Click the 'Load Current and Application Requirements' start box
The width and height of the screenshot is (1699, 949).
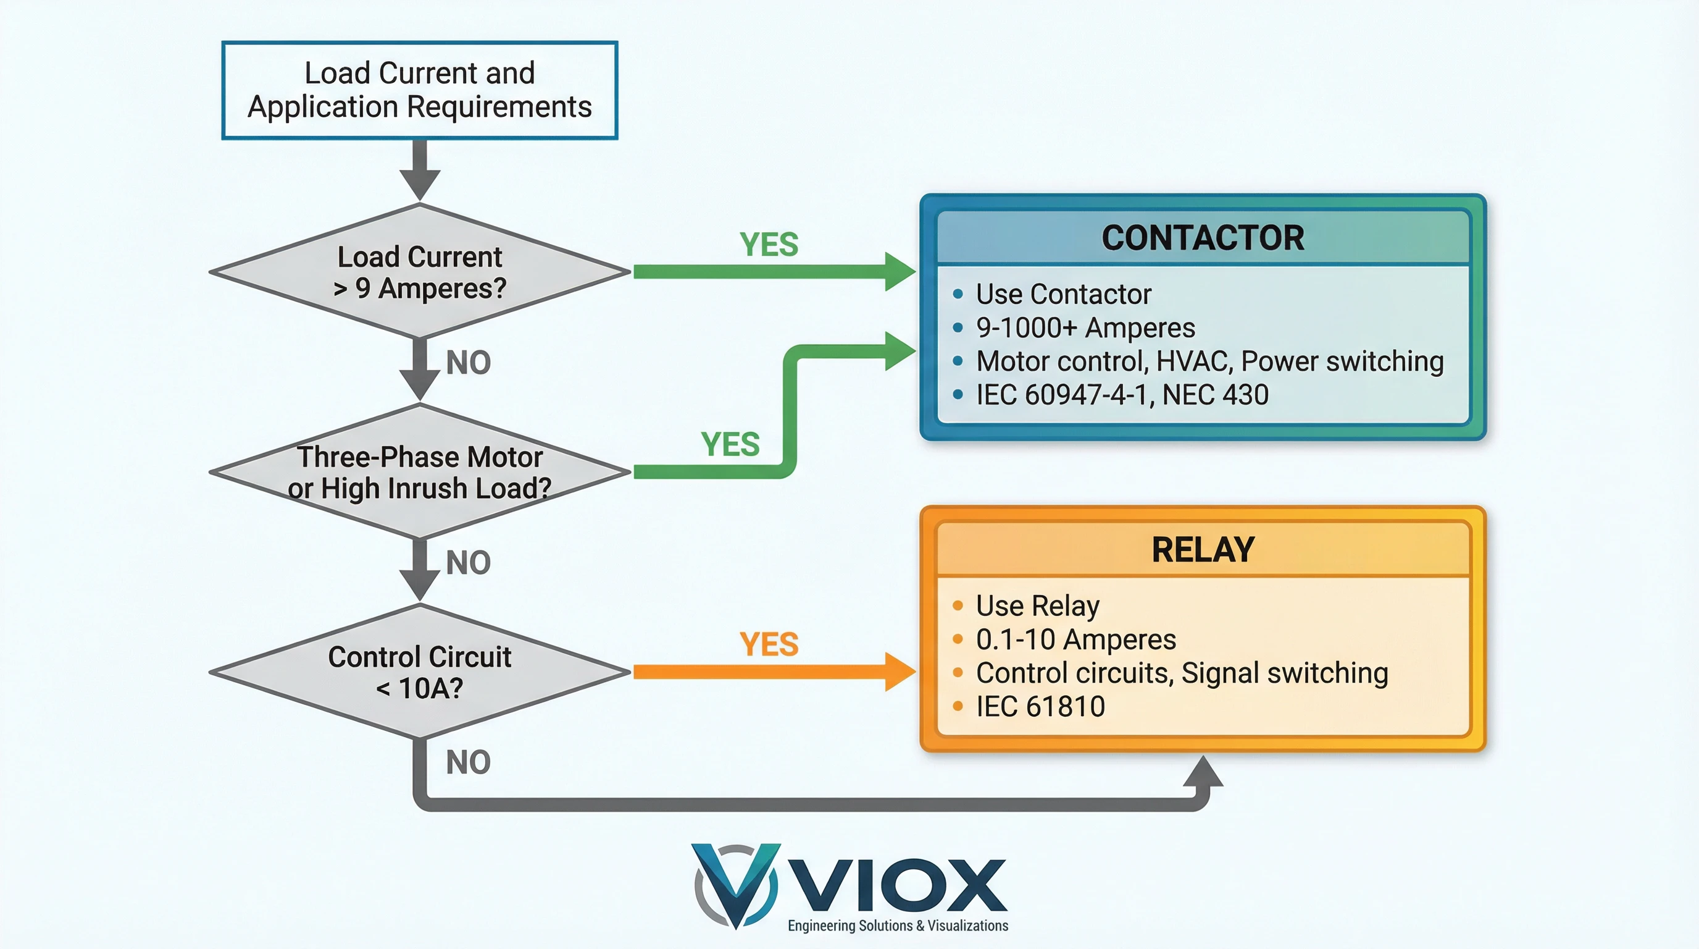click(419, 90)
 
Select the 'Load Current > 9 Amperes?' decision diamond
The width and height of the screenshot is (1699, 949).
click(419, 272)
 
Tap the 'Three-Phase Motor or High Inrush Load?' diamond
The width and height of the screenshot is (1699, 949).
click(419, 472)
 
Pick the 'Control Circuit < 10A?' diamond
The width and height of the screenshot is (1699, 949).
click(419, 672)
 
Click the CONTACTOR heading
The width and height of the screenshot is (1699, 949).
click(1203, 238)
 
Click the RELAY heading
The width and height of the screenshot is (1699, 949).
click(1203, 550)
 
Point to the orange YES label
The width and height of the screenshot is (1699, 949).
click(769, 644)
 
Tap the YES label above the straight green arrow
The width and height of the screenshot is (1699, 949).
click(769, 245)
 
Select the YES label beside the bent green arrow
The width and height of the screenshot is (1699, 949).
click(730, 444)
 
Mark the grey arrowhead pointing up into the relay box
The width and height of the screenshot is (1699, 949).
click(1203, 772)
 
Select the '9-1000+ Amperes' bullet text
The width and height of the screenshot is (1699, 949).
click(1085, 328)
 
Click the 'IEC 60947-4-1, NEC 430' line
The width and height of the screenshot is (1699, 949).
click(1122, 395)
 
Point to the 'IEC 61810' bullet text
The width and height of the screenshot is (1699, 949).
click(1040, 707)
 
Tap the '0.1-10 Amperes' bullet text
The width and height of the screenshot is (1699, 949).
click(1075, 639)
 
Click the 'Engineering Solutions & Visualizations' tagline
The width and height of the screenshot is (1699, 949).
click(898, 926)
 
